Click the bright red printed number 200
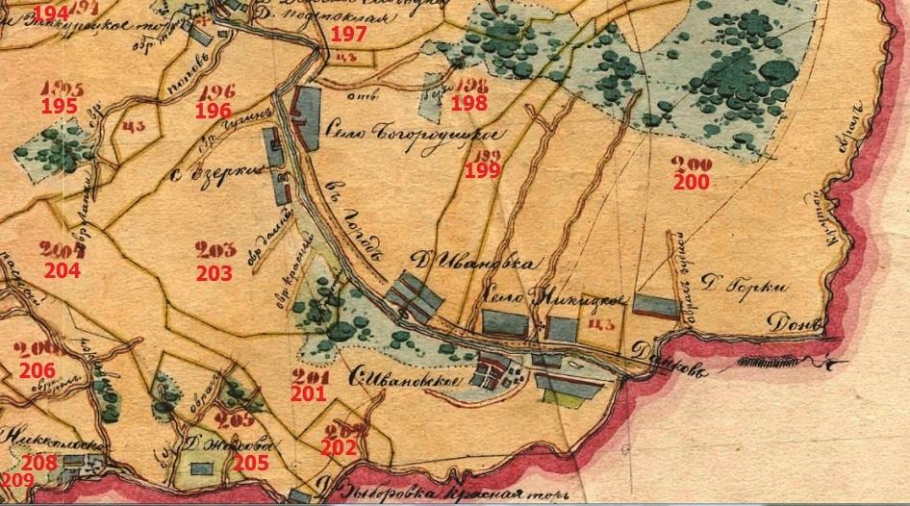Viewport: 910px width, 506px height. coord(691,182)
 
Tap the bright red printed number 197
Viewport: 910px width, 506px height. coord(348,35)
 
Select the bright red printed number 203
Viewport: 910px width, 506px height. coord(214,273)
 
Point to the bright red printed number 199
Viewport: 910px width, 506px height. coord(482,171)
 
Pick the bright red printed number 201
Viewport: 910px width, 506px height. coord(310,392)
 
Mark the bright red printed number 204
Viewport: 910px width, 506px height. coord(62,270)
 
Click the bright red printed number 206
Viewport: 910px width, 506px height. coord(37,369)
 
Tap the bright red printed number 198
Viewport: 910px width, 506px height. coord(469,103)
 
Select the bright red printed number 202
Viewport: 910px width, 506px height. coord(339,447)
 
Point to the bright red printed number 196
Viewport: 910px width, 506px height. coord(214,111)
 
